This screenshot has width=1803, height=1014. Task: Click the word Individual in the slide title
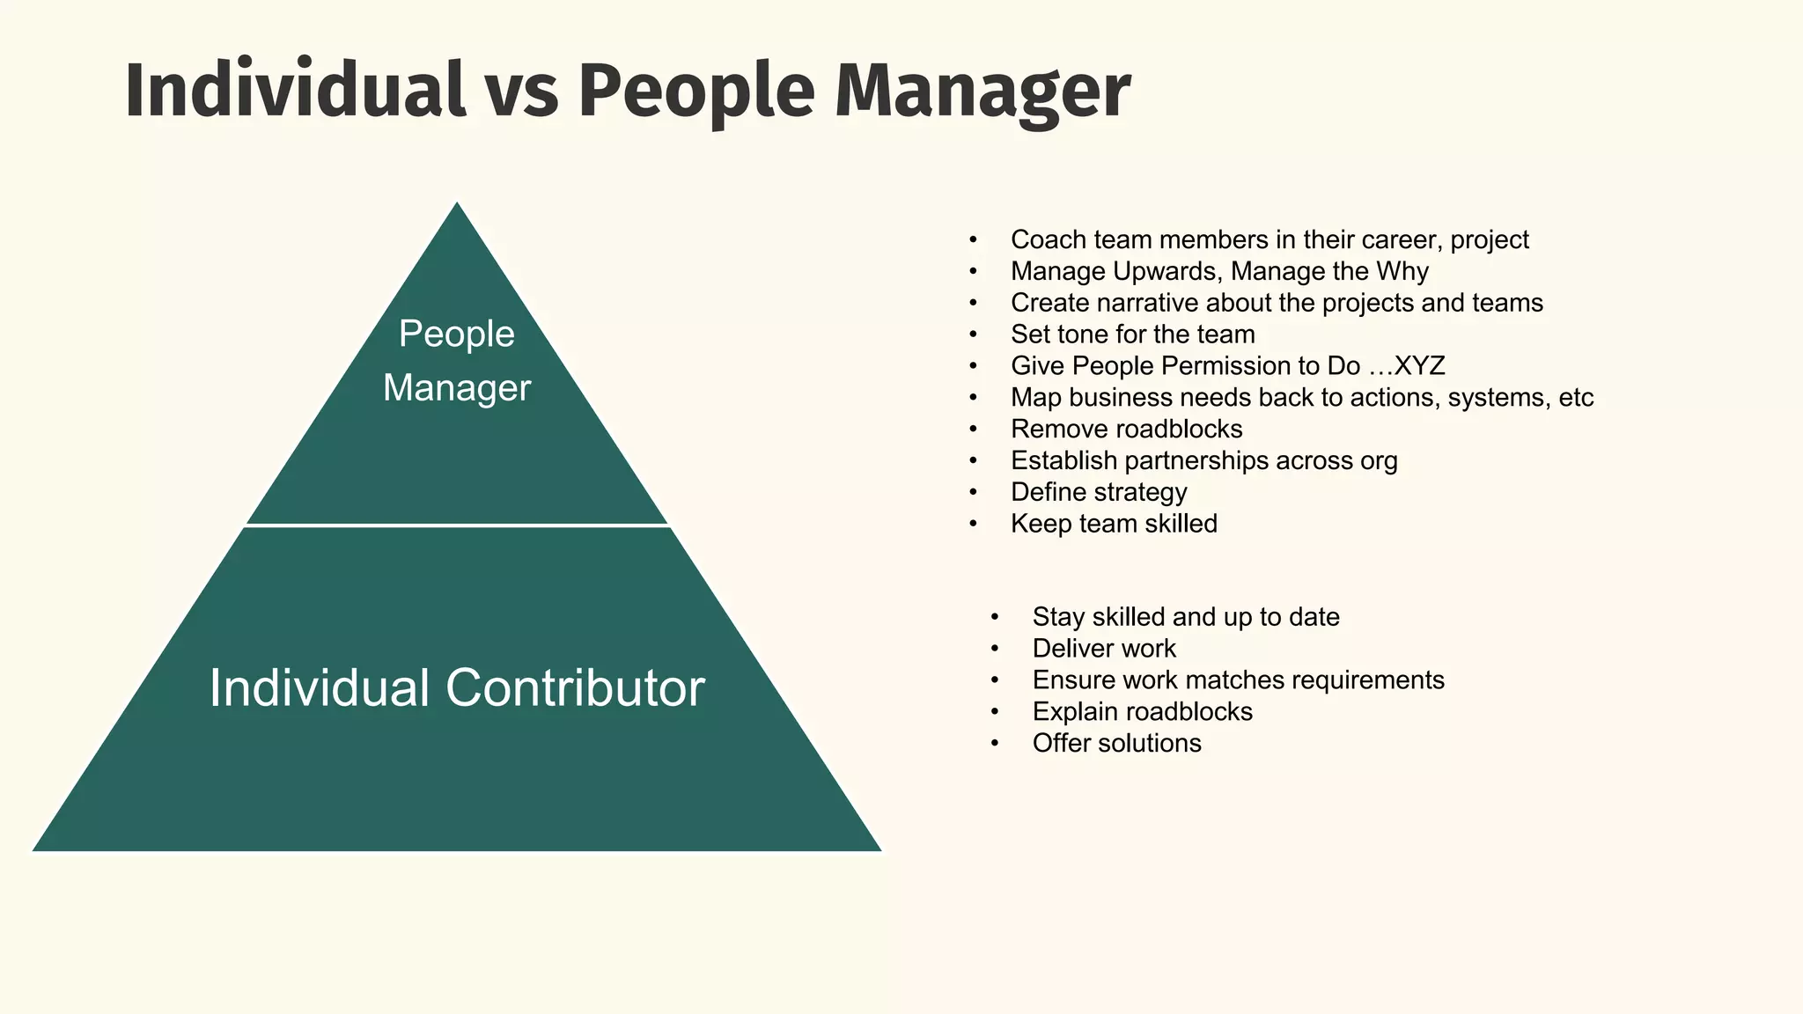tap(295, 91)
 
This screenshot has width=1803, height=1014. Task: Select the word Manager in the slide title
tap(981, 92)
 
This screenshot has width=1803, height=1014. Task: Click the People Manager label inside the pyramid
tap(456, 361)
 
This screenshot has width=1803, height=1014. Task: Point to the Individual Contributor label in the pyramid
tap(456, 687)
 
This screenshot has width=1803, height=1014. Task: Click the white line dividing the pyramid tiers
tap(456, 525)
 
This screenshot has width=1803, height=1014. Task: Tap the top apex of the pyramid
tap(457, 206)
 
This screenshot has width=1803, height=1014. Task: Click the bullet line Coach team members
tap(1269, 239)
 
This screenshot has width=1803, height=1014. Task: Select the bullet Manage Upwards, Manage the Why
tap(1218, 271)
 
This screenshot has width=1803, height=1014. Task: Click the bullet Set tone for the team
tap(1132, 334)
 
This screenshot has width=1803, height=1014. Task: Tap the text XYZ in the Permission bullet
tap(1418, 366)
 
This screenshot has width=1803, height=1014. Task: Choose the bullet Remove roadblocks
tap(1126, 430)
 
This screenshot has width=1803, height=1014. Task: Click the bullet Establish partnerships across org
tap(1203, 461)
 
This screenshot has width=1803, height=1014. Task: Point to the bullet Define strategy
tap(1098, 492)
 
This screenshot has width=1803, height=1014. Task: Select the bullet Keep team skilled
tap(1114, 524)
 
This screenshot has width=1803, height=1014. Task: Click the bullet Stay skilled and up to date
tap(1185, 617)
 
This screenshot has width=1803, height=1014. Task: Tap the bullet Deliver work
tap(1103, 649)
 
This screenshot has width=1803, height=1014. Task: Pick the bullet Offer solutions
tap(1116, 744)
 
